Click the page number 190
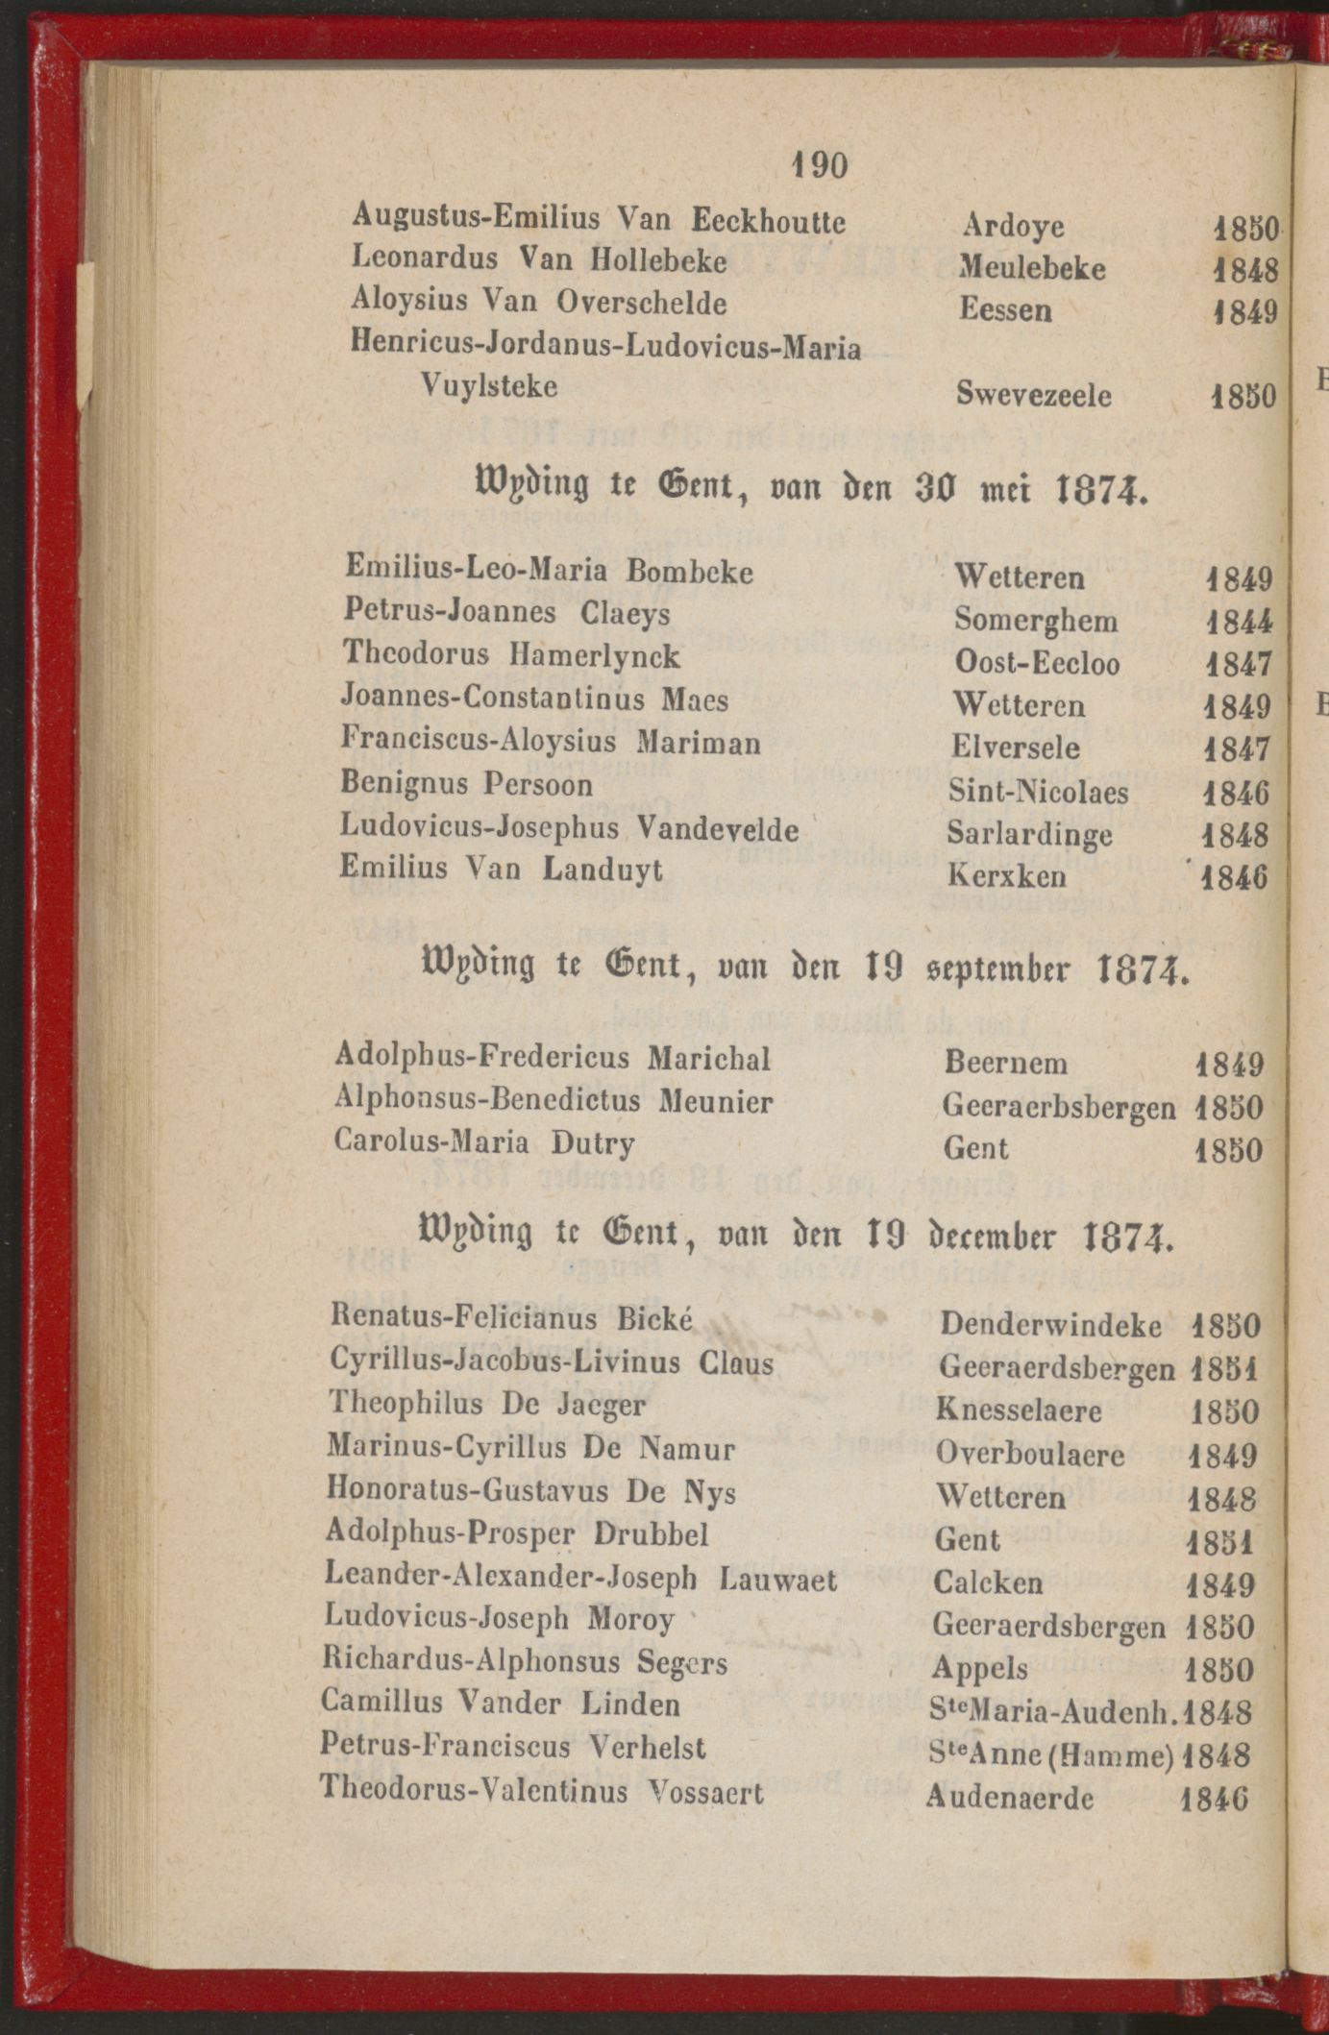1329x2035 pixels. [x=819, y=166]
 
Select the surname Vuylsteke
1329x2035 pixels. [x=489, y=386]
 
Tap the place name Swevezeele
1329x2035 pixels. [x=1034, y=395]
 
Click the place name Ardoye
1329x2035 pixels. [x=1013, y=226]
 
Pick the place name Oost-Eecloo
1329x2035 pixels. [x=1037, y=663]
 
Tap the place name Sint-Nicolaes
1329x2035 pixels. [x=1038, y=792]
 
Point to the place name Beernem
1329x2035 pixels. [x=1005, y=1063]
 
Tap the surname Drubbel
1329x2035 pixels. [x=652, y=1533]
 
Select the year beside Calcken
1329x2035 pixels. [x=1221, y=1583]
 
